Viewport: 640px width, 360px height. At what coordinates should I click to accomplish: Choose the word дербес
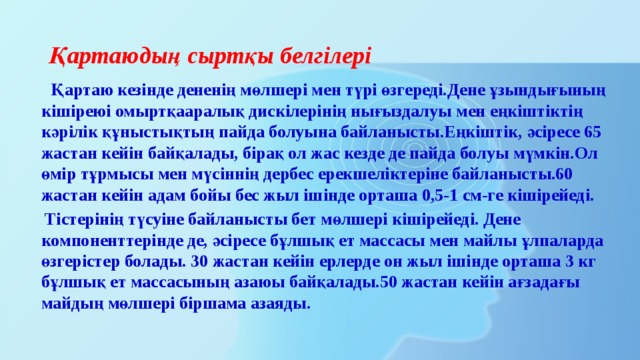point(254,177)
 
